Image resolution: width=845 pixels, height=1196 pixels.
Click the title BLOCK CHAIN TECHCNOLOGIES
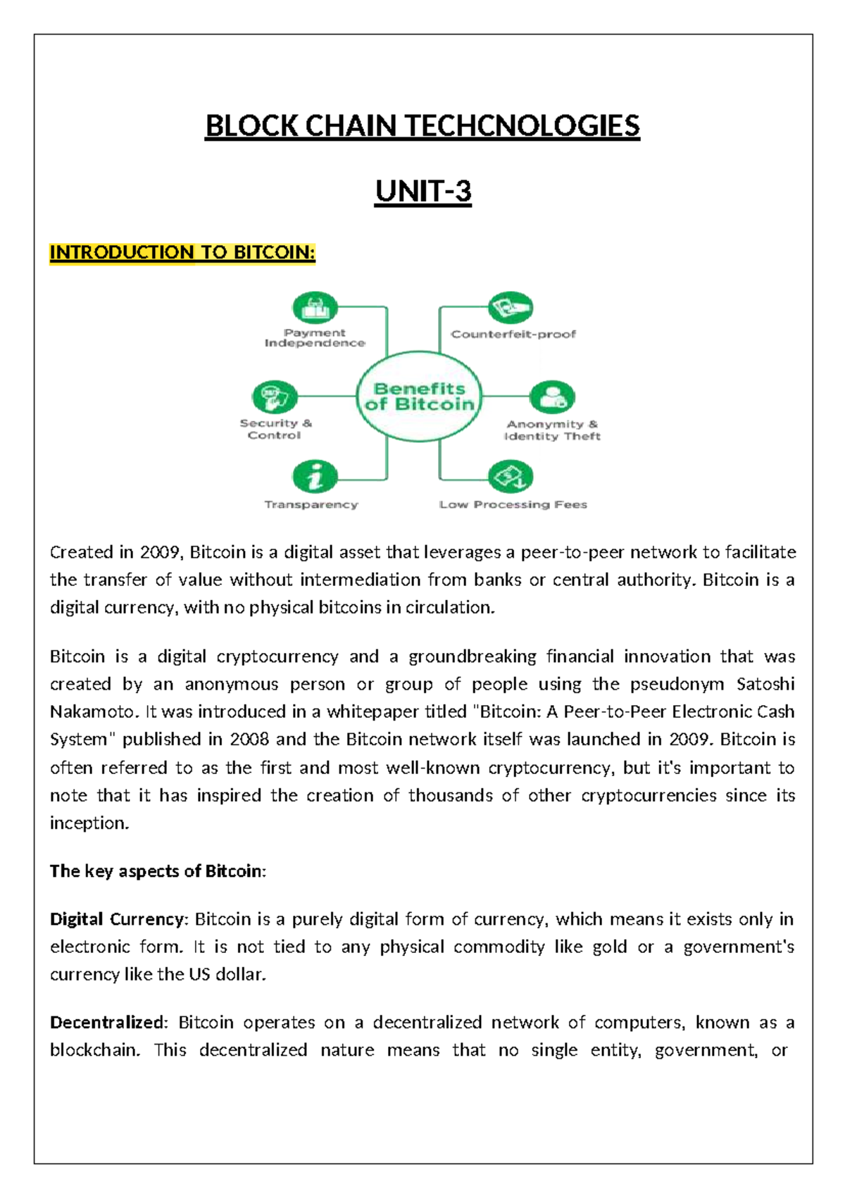[x=423, y=126]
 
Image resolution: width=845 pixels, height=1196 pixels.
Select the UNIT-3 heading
[x=423, y=191]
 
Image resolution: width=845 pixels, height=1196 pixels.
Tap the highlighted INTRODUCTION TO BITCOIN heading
[x=182, y=252]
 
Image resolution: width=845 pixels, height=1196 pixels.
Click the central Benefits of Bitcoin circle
[x=419, y=397]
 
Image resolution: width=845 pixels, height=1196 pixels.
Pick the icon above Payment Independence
[x=315, y=308]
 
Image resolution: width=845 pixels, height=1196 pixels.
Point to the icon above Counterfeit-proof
[x=511, y=308]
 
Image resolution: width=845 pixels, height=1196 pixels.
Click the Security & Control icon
[x=275, y=397]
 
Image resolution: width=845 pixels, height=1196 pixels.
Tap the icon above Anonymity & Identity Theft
[x=552, y=397]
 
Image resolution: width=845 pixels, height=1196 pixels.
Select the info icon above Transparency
[x=315, y=477]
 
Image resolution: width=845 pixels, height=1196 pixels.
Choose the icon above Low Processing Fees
[x=511, y=477]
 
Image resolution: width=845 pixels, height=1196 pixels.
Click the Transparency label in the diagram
[x=311, y=504]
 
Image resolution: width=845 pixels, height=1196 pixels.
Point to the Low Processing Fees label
[x=513, y=504]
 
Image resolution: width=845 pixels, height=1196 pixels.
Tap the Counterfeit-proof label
[x=513, y=334]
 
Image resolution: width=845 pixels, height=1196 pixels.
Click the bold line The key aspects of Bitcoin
[x=157, y=871]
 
